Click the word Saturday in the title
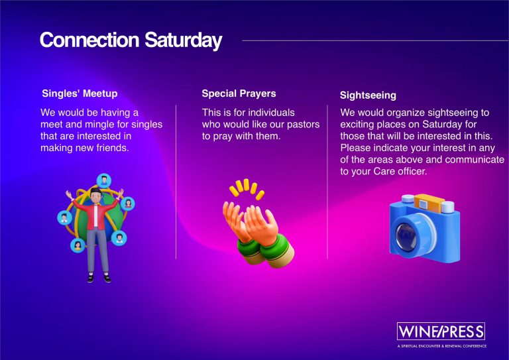(184, 40)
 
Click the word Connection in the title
(89, 40)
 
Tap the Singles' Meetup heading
(80, 93)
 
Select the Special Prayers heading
(239, 93)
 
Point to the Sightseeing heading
(368, 95)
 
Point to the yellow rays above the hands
(247, 189)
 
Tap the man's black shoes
(99, 278)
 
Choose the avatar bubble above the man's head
(104, 180)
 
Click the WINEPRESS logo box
(441, 331)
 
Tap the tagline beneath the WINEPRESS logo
(442, 346)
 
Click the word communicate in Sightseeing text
(475, 160)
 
